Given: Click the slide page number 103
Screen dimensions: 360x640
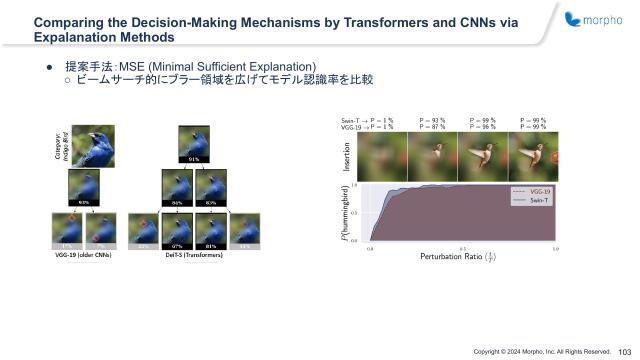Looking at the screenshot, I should pos(625,351).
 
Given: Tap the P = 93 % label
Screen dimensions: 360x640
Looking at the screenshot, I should pos(433,119).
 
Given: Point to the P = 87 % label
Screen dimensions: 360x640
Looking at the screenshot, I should pos(433,127).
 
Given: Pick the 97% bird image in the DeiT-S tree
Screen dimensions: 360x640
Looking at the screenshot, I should pos(176,230).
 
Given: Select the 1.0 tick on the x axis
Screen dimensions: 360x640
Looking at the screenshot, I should pos(555,246).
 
